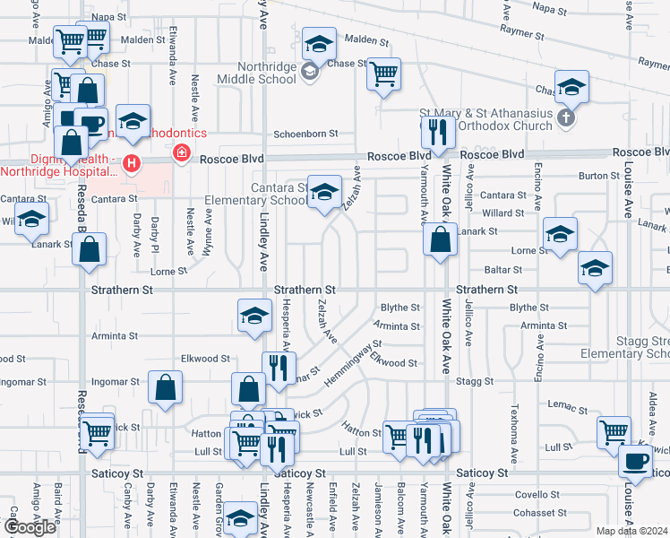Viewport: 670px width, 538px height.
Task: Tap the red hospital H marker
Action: coord(132,163)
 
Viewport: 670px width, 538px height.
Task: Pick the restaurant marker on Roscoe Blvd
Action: coord(437,133)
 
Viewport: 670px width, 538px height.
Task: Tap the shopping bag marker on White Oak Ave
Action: coord(440,240)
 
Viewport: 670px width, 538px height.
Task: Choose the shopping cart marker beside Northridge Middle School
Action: coord(383,74)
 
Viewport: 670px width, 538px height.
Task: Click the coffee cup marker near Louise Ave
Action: coord(635,461)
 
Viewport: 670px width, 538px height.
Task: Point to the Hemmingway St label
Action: coord(352,362)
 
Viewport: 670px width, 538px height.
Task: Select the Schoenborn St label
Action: coord(305,133)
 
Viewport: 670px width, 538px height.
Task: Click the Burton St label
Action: coord(593,177)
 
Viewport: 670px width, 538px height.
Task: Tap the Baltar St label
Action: coord(504,269)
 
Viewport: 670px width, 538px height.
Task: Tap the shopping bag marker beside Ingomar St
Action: coord(166,388)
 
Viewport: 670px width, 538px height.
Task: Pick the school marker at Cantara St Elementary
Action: coord(324,192)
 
